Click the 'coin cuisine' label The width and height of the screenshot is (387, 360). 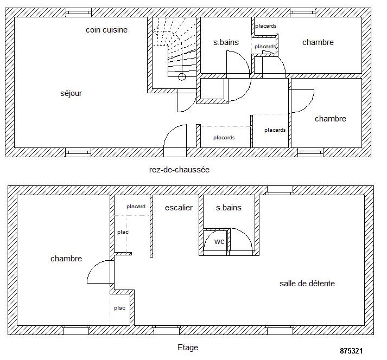pos(106,30)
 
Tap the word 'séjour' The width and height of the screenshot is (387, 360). pos(71,93)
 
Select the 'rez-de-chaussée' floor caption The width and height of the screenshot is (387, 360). pos(179,170)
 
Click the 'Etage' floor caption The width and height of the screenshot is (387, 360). pos(188,348)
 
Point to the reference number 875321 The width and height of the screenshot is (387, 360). pos(351,351)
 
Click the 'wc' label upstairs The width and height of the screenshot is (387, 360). pos(219,241)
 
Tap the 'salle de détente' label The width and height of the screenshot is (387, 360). pos(307,284)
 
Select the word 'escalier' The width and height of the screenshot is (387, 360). pos(179,208)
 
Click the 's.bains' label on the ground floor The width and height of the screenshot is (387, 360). pos(226,42)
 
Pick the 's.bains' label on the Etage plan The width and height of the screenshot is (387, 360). pos(229,208)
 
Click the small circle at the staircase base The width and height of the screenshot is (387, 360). pos(182,77)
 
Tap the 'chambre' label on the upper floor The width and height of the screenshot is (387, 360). pos(66,259)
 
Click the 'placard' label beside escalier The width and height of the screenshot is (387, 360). pos(136,207)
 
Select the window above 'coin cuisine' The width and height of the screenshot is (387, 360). pos(79,12)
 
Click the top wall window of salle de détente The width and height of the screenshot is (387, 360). pos(280,191)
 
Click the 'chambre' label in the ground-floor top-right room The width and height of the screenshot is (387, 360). pos(318,42)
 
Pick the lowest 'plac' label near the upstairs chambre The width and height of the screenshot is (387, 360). pos(120,308)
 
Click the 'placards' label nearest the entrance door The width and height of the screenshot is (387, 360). pos(224,138)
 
